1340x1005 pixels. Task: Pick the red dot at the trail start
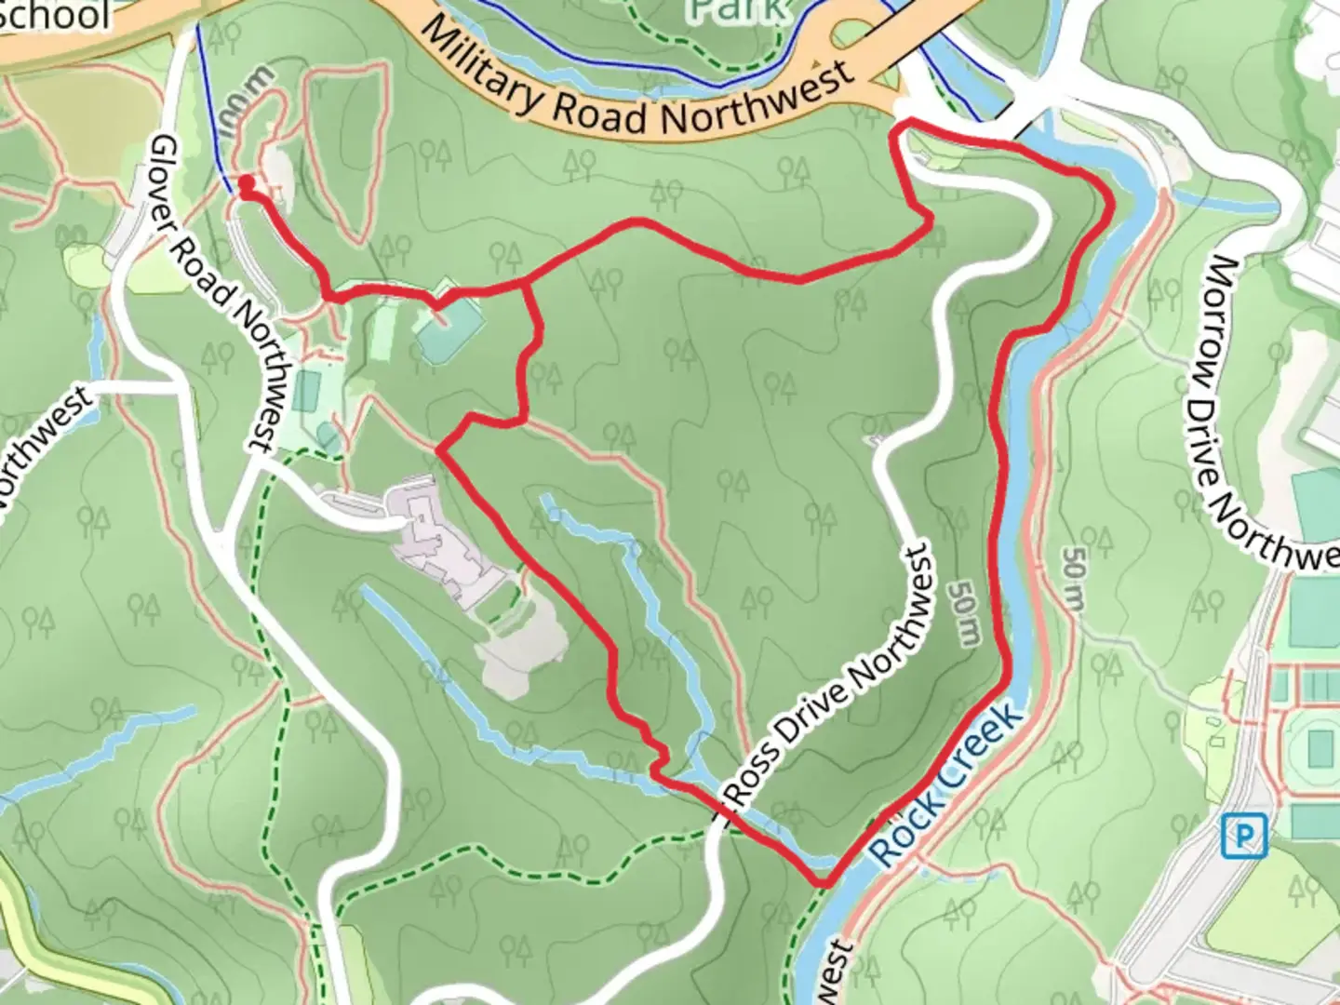(247, 184)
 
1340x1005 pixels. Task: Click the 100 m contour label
(249, 97)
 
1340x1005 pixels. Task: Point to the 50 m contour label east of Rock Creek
(1072, 579)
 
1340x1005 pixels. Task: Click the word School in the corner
(56, 14)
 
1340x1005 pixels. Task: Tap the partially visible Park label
(741, 9)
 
